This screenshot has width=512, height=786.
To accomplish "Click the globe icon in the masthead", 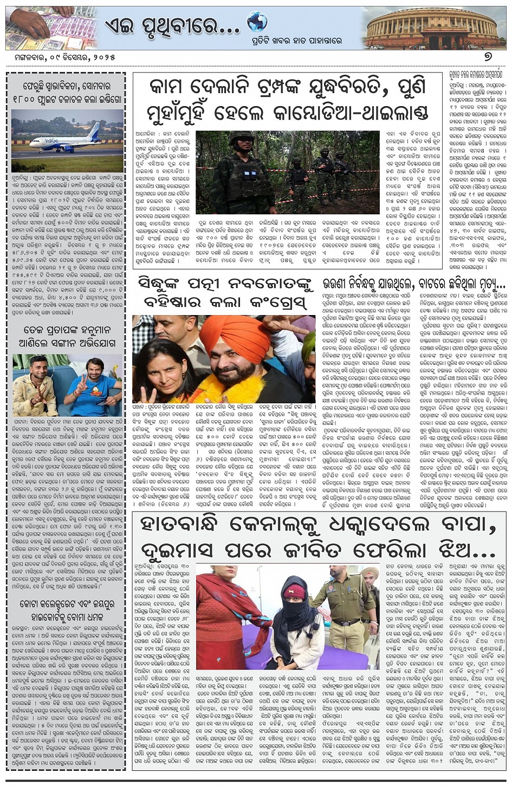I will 257,22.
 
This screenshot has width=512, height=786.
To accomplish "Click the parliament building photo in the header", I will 431,28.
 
